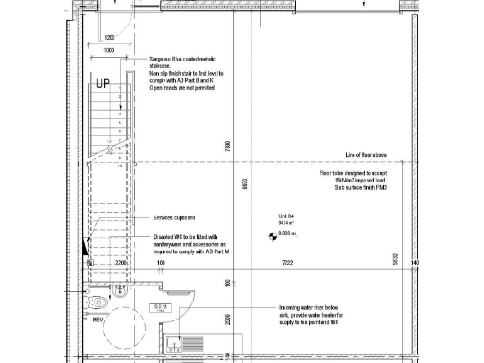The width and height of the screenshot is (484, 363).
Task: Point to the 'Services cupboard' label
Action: click(176, 218)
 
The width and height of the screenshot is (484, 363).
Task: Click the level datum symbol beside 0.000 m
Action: click(269, 233)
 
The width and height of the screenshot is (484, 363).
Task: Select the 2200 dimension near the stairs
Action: click(120, 263)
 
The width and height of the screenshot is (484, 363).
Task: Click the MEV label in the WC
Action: click(95, 320)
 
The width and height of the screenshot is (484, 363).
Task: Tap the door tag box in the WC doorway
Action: click(162, 307)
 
